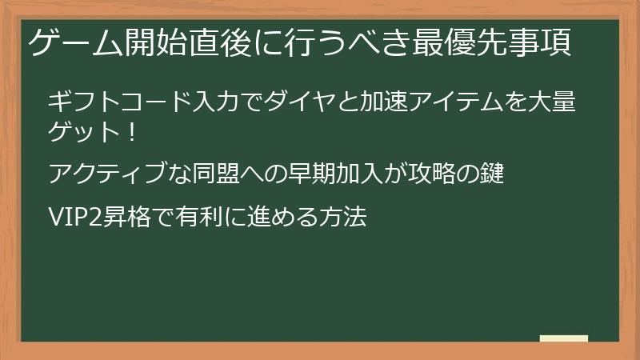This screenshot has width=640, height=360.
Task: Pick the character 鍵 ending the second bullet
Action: click(493, 174)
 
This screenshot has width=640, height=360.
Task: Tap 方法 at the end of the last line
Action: click(344, 217)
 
